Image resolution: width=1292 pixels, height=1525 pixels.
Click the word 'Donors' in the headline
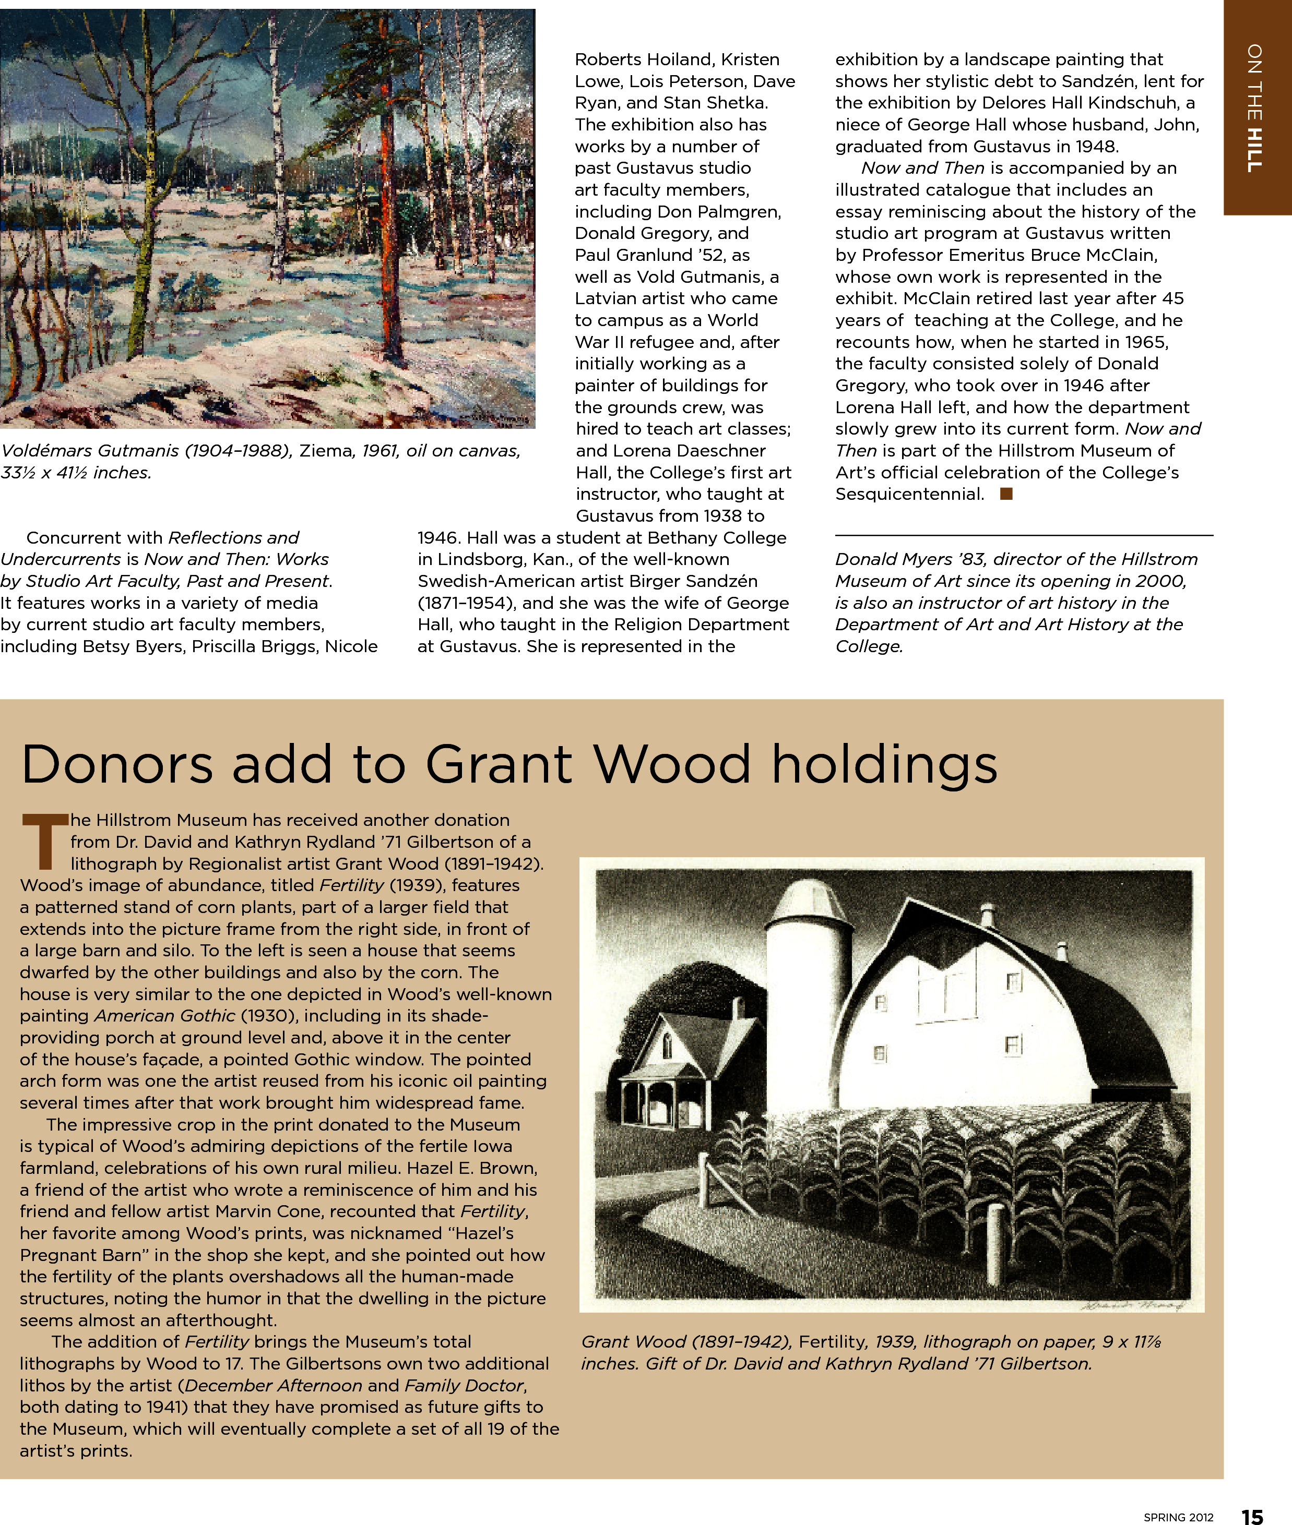coord(117,764)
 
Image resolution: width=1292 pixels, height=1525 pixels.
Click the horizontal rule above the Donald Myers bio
coord(1024,535)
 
